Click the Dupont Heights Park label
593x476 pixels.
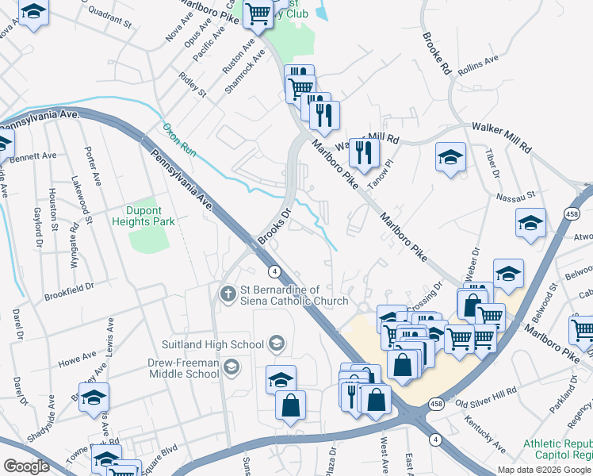pyautogui.click(x=150, y=217)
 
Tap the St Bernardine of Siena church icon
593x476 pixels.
pyautogui.click(x=228, y=295)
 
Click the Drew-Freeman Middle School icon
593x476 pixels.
pyautogui.click(x=230, y=367)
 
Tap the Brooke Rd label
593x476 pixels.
pyautogui.click(x=436, y=53)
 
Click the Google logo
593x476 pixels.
pyautogui.click(x=26, y=466)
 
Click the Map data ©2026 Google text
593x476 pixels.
pyautogui.click(x=545, y=470)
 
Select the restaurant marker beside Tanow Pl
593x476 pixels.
pyautogui.click(x=364, y=152)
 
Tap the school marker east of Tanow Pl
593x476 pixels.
pyautogui.click(x=450, y=157)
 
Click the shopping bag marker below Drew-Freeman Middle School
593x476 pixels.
pyautogui.click(x=291, y=405)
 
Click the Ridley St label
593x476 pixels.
pyautogui.click(x=192, y=86)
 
